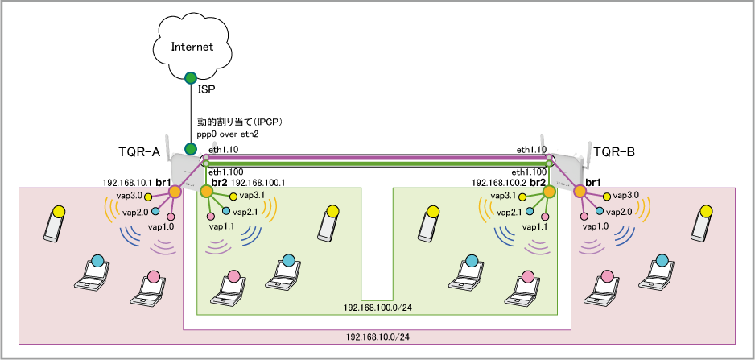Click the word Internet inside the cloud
192,47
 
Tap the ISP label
206,89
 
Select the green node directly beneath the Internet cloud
191,77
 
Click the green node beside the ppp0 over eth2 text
191,148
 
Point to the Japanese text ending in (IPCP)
239,121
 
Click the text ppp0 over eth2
225,133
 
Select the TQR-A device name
139,152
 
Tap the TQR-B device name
614,152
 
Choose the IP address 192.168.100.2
500,183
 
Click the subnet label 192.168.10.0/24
377,337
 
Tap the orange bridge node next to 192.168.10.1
175,192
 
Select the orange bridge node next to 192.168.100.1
206,192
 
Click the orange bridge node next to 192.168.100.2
548,192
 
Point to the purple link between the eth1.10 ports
377,158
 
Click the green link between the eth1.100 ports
377,164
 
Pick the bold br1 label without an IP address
592,183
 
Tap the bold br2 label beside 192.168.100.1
219,183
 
